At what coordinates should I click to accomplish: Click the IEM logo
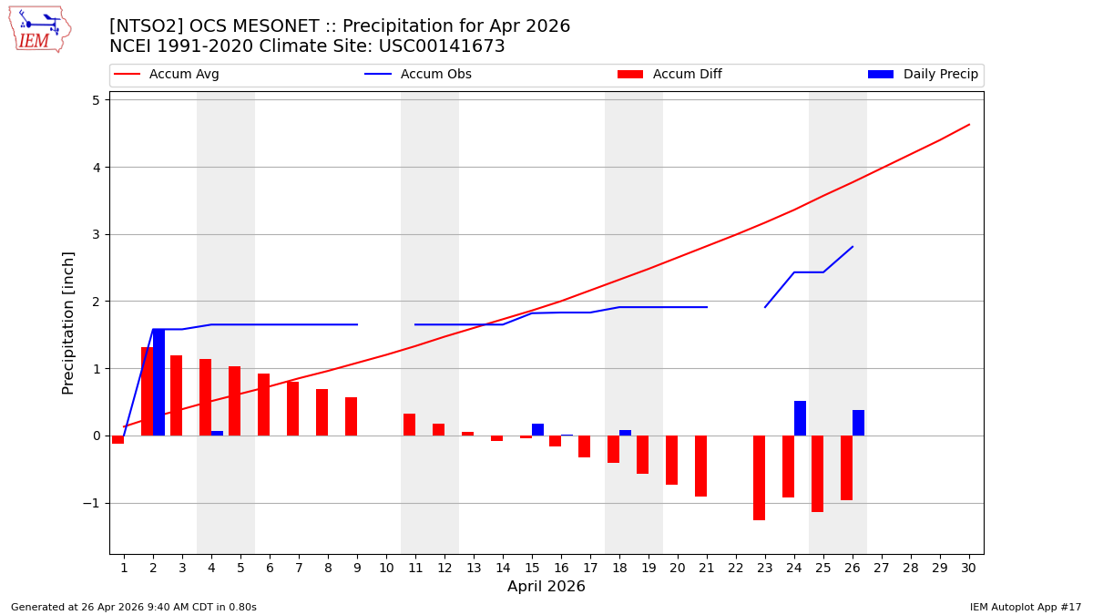coord(39,29)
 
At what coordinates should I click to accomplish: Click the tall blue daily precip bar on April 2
coord(158,383)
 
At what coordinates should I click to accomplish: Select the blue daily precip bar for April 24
coord(800,418)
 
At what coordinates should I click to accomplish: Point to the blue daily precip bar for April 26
coord(858,423)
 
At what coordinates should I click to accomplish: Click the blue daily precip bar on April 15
coord(537,429)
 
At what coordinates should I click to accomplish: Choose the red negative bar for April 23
coord(759,477)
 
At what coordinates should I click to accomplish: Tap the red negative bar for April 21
coord(700,466)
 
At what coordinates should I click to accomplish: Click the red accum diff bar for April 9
coord(351,416)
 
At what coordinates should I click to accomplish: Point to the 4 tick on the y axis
coord(94,168)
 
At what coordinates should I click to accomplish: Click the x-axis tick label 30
coord(968,568)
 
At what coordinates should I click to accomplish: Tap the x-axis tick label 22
coord(735,568)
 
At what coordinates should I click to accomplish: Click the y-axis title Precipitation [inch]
coord(68,323)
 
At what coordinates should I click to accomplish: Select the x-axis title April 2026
coord(546,587)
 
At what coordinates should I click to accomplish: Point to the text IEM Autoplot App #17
coord(1025,607)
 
